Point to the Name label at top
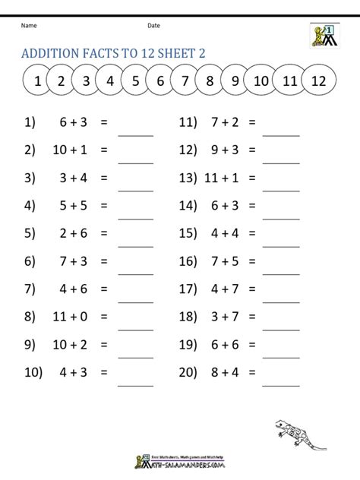point(29,25)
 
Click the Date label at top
point(153,25)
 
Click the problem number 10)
point(33,373)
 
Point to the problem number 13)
point(188,178)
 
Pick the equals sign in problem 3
point(104,178)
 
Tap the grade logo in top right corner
point(325,36)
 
